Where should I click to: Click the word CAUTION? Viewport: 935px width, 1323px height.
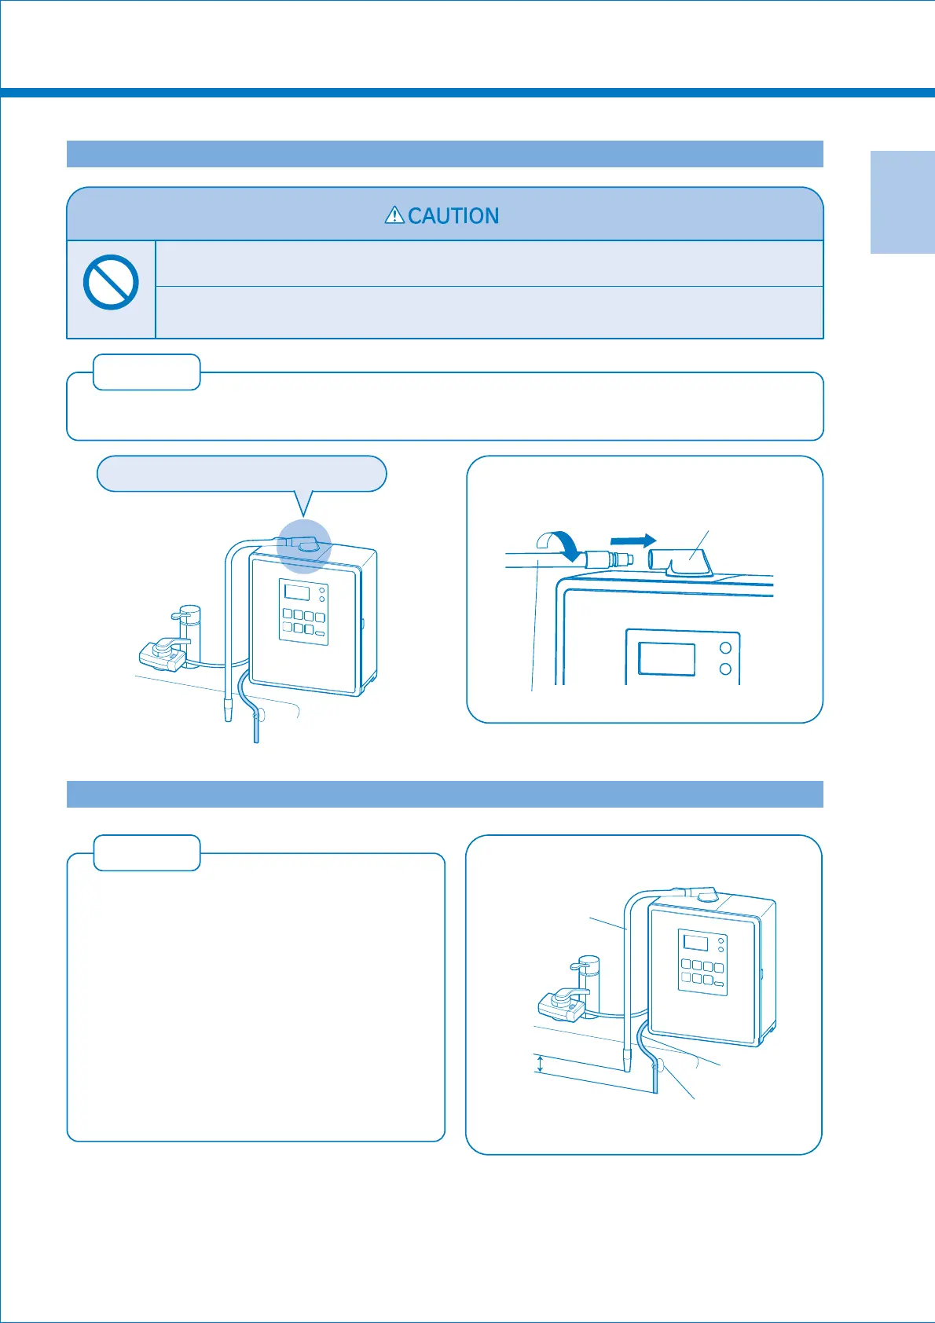(x=453, y=216)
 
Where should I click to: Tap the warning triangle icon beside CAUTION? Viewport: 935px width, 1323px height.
(x=394, y=214)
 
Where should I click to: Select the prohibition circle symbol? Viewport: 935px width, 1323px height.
(x=111, y=282)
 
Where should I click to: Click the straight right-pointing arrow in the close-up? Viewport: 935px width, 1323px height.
(x=632, y=541)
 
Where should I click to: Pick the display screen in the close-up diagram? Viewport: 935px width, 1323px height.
(x=666, y=658)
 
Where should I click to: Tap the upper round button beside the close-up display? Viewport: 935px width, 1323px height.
(x=726, y=648)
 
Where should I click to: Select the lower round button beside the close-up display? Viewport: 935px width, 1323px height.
(x=726, y=669)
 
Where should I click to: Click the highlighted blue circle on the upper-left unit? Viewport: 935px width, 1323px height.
(x=304, y=547)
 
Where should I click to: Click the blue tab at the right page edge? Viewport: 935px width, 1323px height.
(x=902, y=202)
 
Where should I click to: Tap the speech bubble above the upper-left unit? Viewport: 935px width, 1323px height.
(x=241, y=474)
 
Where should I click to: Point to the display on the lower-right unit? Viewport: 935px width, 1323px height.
(x=695, y=942)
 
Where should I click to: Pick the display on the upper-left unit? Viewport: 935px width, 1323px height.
(x=297, y=592)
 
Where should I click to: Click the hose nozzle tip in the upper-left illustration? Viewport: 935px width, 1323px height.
(x=229, y=712)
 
